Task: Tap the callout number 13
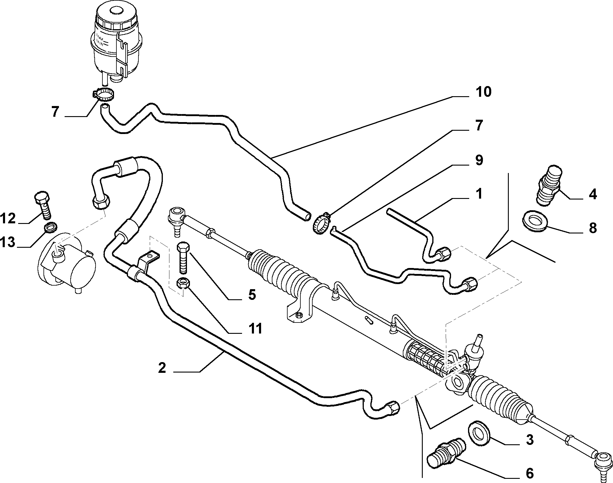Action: (8, 242)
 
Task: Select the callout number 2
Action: (162, 368)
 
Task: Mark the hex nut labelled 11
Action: (182, 283)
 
